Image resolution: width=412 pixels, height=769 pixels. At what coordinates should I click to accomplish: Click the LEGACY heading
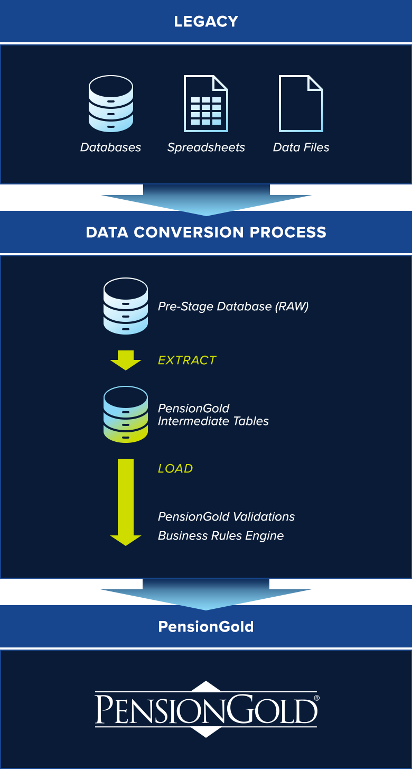click(x=206, y=22)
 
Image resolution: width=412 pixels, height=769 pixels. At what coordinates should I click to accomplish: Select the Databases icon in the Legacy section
click(x=111, y=104)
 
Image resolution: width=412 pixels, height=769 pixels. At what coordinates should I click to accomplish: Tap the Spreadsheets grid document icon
click(x=206, y=104)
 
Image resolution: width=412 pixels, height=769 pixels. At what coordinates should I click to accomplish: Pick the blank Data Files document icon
click(x=301, y=104)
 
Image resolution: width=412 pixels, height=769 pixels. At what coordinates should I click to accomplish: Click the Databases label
click(x=111, y=147)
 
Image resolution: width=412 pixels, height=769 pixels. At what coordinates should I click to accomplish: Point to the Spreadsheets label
click(x=206, y=147)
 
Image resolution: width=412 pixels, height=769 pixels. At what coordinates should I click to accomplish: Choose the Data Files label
click(x=301, y=147)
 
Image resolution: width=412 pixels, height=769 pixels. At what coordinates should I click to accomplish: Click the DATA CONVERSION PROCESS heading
click(x=206, y=233)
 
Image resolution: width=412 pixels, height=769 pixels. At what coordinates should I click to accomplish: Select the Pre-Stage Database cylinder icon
click(x=126, y=306)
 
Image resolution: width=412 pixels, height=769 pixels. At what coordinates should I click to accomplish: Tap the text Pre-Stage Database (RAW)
click(x=233, y=307)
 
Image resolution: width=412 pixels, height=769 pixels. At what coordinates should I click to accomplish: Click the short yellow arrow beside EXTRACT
click(x=126, y=360)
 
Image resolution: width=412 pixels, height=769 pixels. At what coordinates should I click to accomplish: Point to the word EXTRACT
click(x=187, y=360)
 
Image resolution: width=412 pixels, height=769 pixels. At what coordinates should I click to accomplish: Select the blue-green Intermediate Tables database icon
click(x=126, y=414)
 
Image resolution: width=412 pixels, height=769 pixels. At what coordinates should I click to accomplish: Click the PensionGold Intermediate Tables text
click(x=213, y=415)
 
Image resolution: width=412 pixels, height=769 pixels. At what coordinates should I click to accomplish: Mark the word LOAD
click(x=175, y=469)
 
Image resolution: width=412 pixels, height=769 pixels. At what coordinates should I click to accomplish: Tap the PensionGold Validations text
click(x=226, y=516)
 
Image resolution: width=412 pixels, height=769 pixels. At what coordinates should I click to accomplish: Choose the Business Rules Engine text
click(x=221, y=536)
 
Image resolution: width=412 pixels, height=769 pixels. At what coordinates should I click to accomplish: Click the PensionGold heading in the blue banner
click(x=206, y=627)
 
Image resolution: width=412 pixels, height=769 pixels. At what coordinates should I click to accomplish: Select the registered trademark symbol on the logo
click(x=316, y=698)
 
